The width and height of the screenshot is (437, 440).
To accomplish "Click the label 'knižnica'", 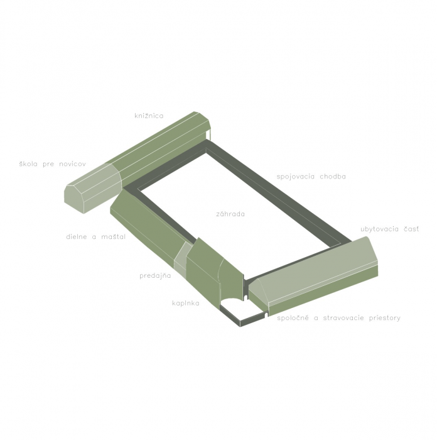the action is (149, 116).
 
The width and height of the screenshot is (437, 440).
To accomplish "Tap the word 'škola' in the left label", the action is (28, 163).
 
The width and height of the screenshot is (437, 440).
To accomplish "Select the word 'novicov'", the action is (72, 164).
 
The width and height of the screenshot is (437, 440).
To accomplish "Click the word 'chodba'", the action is (333, 176).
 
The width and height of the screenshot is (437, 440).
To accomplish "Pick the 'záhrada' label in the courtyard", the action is (230, 214).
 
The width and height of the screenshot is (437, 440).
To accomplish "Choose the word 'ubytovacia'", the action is (379, 229).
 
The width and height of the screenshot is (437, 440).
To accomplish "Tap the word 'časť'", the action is (411, 229).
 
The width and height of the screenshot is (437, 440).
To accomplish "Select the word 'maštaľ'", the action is (113, 236).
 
